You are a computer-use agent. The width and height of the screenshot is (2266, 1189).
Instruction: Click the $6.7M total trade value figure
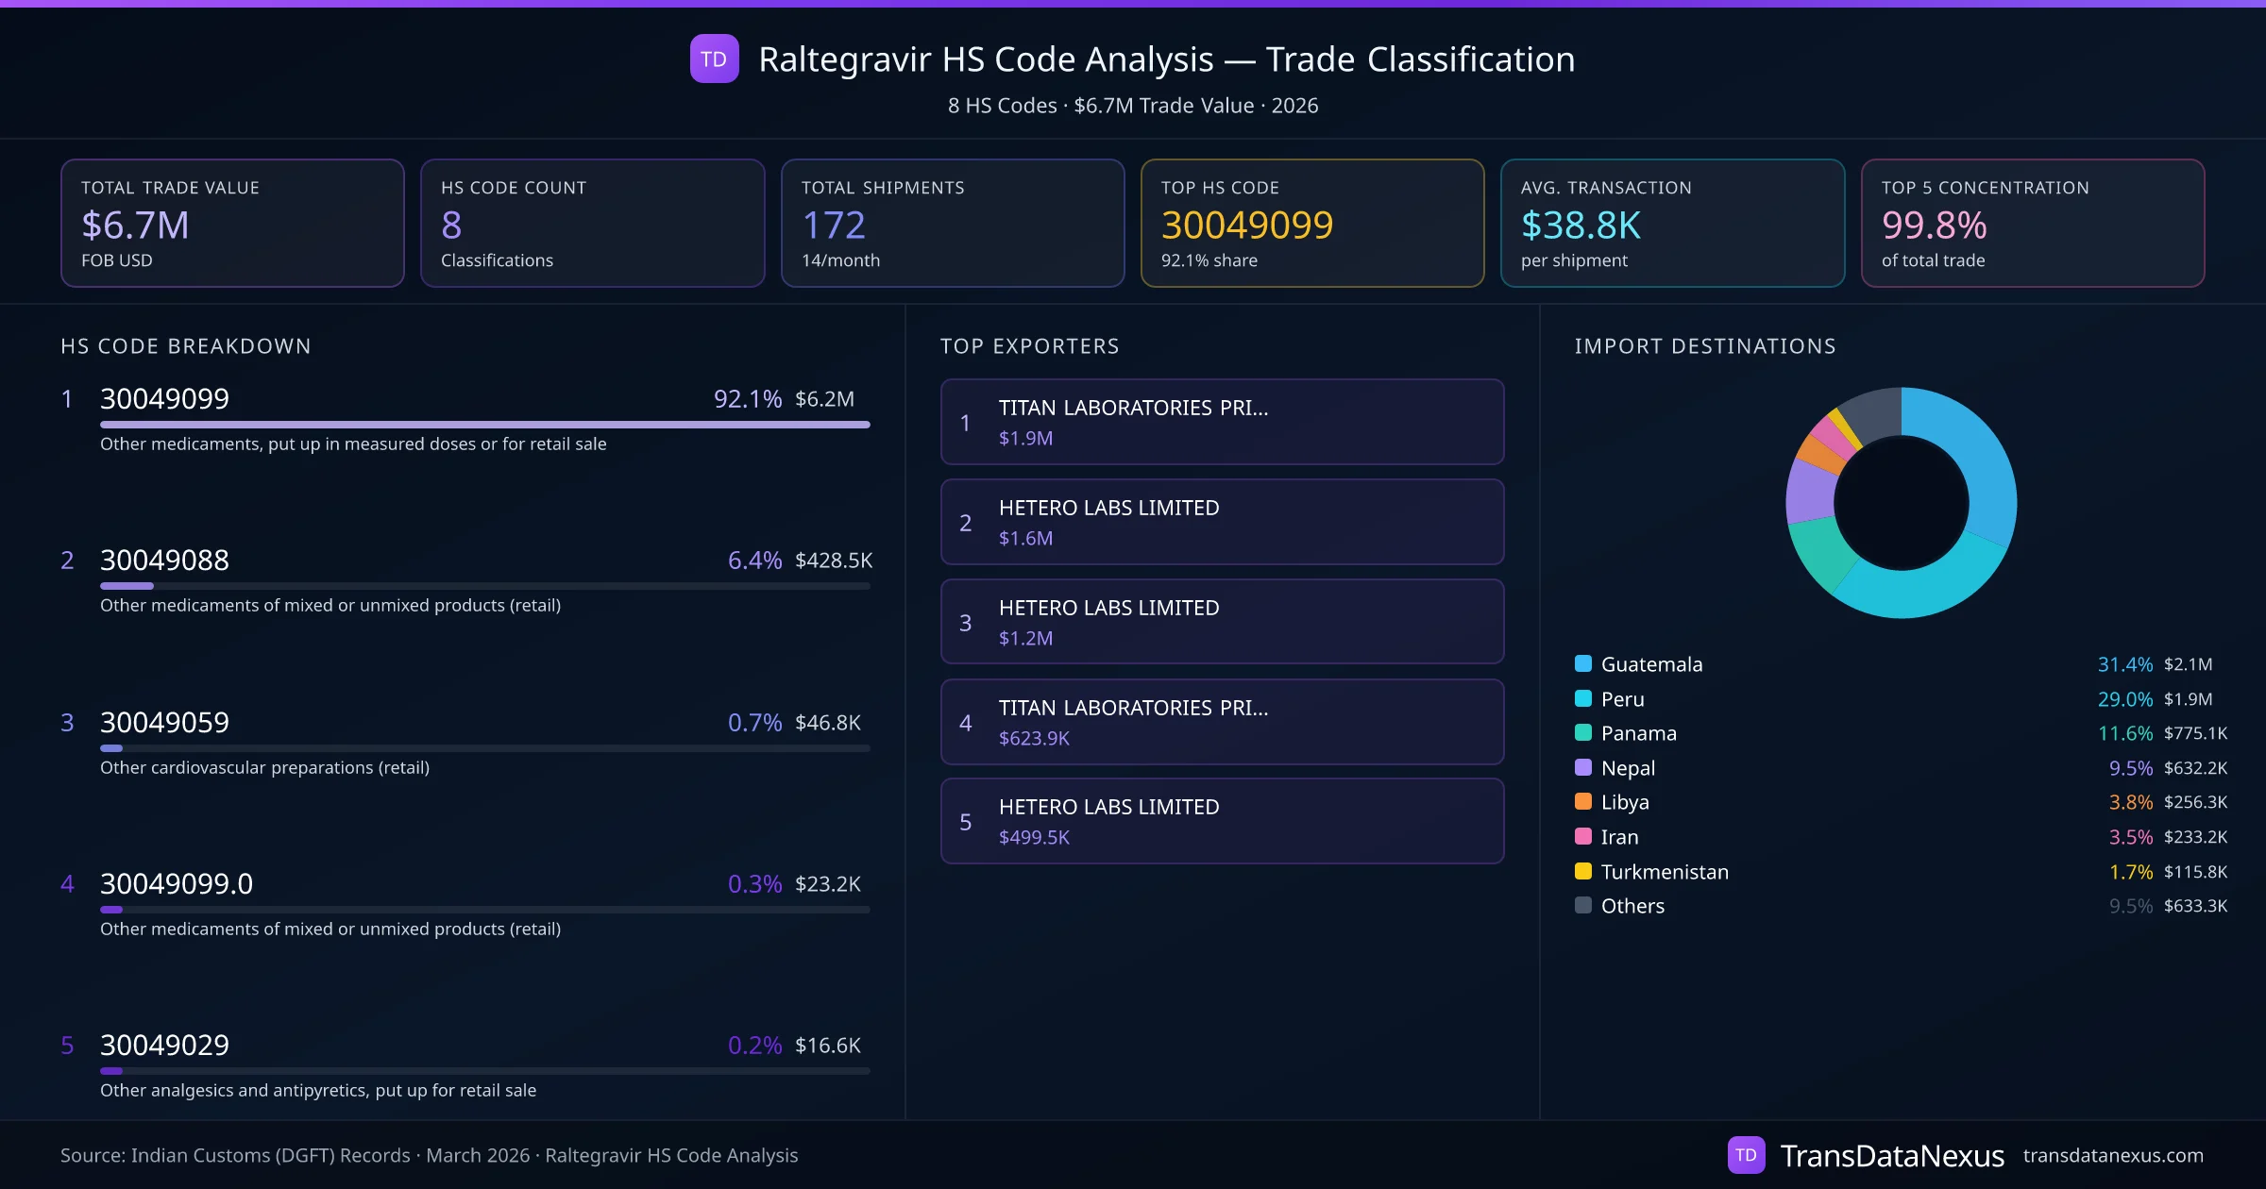click(135, 226)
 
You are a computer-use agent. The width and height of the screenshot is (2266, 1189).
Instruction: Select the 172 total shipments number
click(833, 226)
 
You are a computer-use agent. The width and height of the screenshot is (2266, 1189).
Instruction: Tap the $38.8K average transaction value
click(1581, 226)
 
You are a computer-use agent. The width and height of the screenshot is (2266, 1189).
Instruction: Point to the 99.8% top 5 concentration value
click(1934, 226)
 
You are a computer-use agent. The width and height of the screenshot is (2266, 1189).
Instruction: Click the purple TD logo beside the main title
click(714, 59)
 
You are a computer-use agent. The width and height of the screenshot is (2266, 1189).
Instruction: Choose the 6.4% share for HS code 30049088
click(754, 561)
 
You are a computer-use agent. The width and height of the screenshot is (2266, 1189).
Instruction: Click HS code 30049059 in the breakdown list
click(164, 723)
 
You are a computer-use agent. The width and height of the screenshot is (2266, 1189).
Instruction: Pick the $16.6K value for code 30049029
click(827, 1046)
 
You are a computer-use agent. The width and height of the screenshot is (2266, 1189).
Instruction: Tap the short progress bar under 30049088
click(127, 586)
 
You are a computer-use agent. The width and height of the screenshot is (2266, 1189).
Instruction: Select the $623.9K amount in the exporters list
click(1034, 738)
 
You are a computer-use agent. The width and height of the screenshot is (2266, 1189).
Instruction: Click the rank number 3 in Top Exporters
click(965, 623)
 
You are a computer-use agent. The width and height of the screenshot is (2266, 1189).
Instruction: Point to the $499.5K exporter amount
click(1034, 837)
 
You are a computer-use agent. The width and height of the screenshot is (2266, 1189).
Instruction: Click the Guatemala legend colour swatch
click(1583, 663)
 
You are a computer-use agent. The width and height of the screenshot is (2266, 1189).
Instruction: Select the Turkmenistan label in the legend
click(1665, 872)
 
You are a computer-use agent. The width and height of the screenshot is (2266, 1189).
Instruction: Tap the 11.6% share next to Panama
click(2124, 733)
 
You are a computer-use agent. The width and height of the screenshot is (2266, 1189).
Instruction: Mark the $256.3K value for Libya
click(2195, 802)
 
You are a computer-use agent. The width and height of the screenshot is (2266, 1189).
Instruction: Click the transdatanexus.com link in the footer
click(2113, 1156)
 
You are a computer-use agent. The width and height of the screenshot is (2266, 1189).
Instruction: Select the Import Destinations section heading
click(1705, 346)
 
